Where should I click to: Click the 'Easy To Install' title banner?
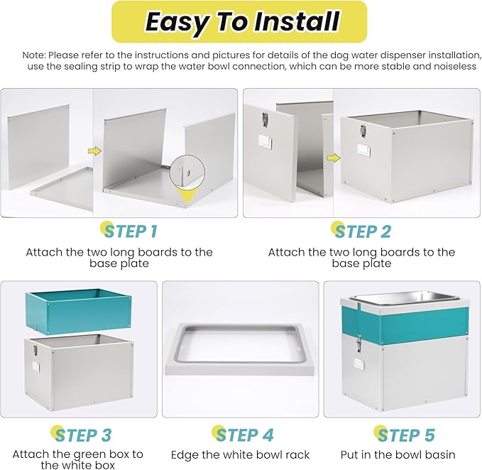pos(239,21)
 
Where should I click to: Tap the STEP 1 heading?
pos(129,231)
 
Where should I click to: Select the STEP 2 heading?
pos(362,231)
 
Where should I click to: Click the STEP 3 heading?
pos(81,435)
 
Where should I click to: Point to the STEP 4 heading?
pos(243,435)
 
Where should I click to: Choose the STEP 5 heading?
pos(405,435)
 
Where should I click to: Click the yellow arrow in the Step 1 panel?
pos(94,151)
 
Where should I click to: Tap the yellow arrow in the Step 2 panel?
pos(334,158)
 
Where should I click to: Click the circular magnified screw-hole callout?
pos(187,172)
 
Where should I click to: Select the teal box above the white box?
pos(79,311)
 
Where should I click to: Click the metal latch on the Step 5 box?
pos(358,343)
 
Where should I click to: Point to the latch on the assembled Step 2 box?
pos(363,131)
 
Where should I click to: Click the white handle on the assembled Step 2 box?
pos(363,150)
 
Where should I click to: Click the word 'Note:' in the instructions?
pos(34,55)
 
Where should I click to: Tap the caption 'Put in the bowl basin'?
pos(398,454)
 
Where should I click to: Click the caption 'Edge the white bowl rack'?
pos(240,454)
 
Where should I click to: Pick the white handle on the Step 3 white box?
pos(36,367)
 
